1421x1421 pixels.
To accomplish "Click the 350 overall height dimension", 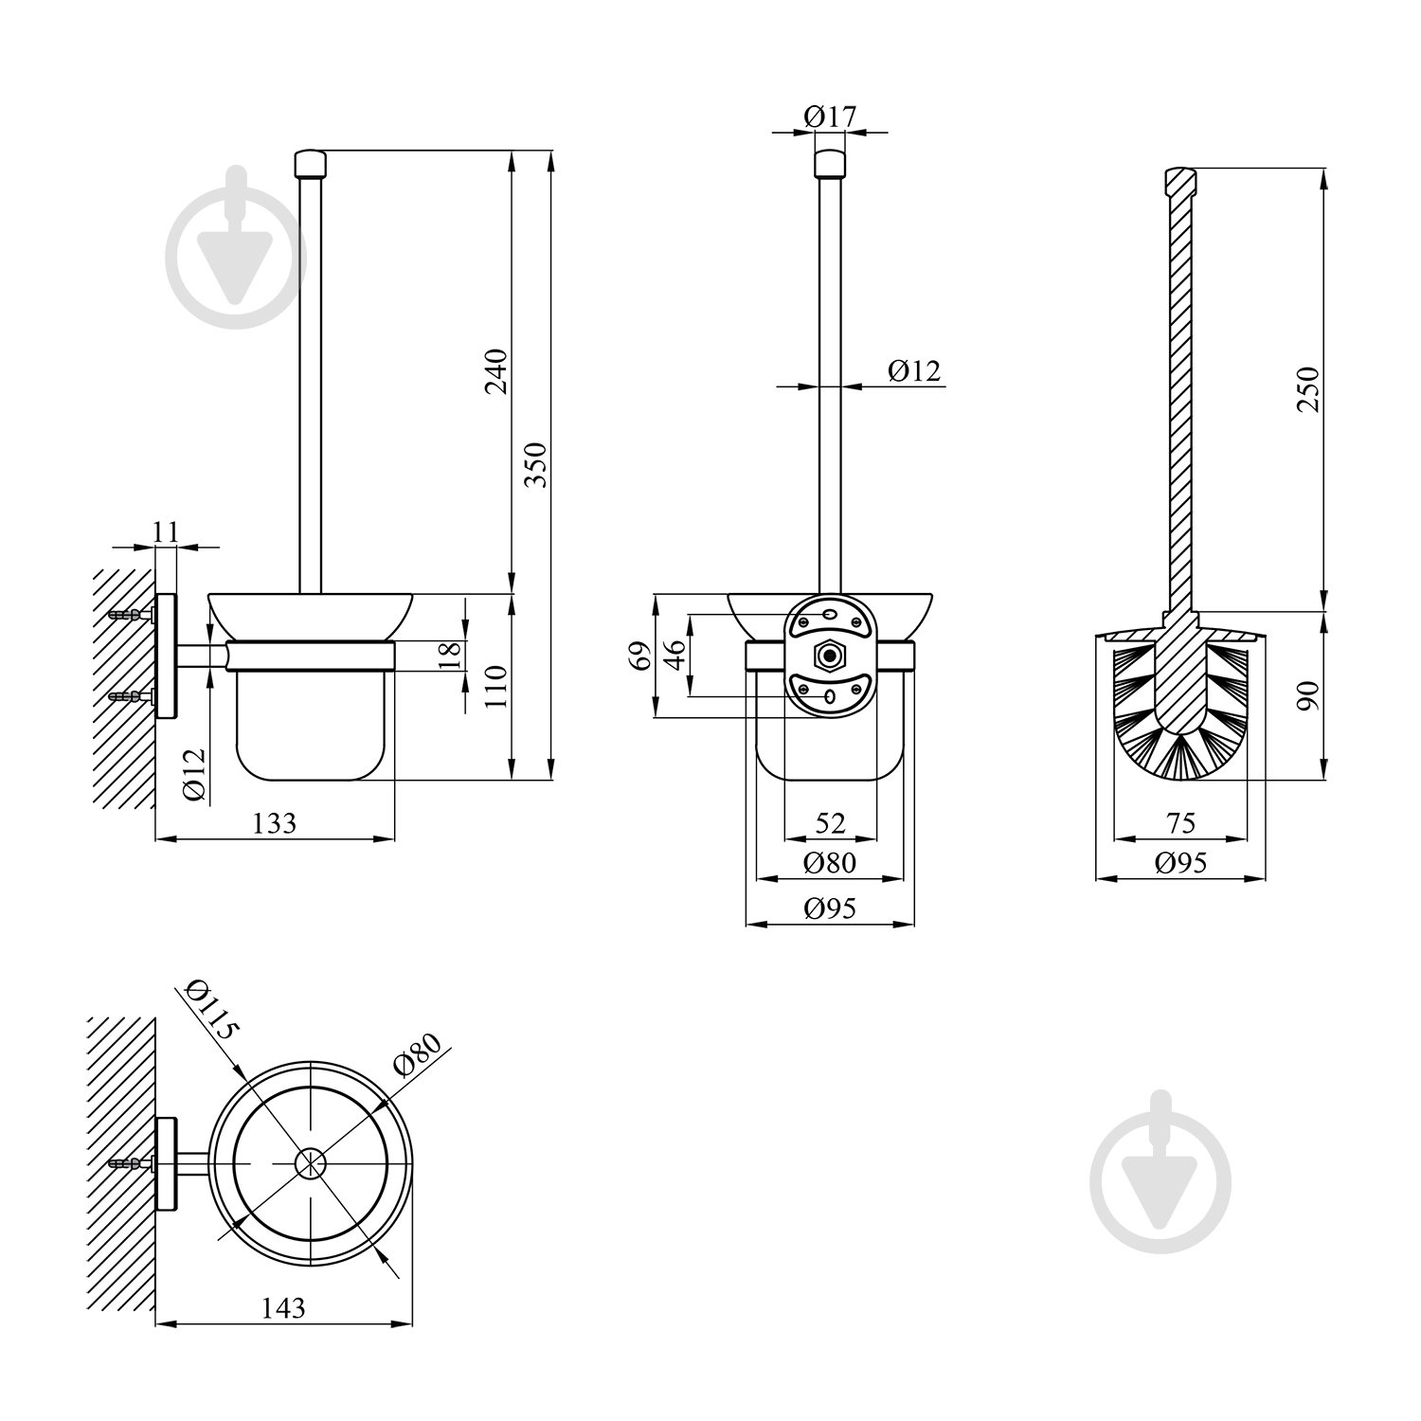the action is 537,464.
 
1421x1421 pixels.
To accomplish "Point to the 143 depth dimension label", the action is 283,1307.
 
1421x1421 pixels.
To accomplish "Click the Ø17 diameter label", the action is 830,117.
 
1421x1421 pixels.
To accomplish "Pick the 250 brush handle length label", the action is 1307,388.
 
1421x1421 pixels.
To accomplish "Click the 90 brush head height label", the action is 1307,696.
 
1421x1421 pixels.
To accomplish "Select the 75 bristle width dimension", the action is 1181,822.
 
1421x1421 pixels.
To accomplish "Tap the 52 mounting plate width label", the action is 830,822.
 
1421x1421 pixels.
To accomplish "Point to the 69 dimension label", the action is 642,656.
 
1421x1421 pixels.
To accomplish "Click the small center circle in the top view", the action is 310,1163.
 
